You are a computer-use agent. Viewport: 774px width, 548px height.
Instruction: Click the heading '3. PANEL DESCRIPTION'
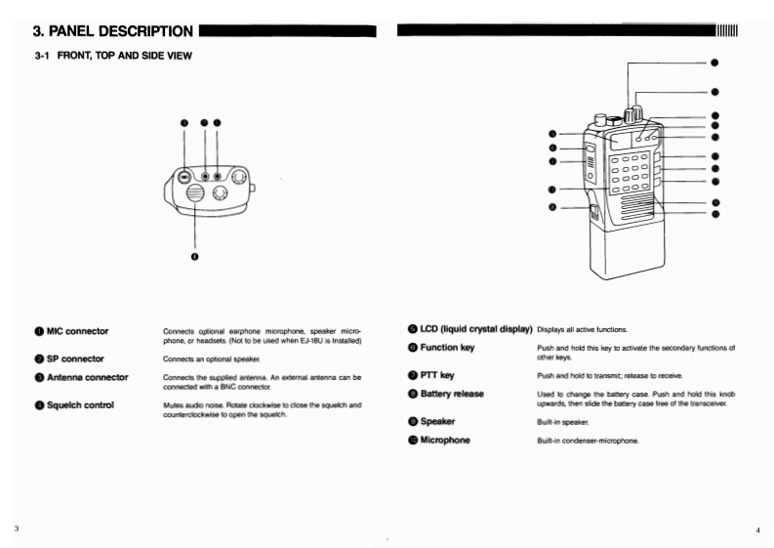point(113,30)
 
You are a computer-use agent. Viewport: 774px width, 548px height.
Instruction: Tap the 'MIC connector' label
point(77,331)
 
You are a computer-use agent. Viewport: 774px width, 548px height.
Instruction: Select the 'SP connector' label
point(75,358)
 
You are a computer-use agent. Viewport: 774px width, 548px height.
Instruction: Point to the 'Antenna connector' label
point(87,377)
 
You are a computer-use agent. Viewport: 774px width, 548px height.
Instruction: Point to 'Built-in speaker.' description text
point(559,422)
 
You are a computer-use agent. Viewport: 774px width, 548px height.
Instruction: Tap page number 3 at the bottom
point(17,528)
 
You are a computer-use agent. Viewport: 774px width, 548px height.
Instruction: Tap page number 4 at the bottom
point(757,529)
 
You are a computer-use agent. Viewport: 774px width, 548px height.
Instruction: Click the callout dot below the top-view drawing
point(194,257)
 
